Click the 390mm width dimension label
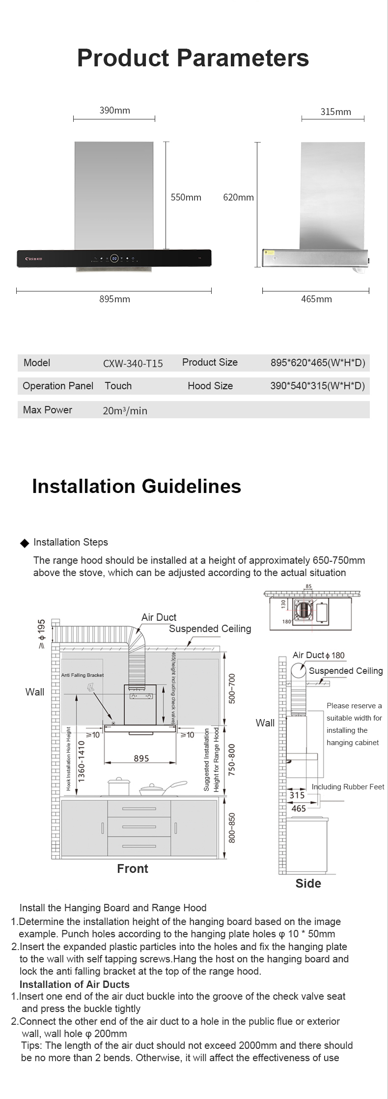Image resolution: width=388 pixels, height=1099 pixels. click(114, 111)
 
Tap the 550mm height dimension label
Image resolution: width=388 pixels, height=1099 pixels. click(186, 197)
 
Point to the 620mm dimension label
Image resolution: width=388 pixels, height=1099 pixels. click(238, 197)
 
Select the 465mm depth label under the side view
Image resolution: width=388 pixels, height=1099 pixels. click(316, 299)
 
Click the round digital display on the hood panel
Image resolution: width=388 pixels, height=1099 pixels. click(114, 258)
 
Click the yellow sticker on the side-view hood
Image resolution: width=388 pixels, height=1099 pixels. click(269, 252)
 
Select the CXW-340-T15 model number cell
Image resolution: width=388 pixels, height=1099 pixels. click(133, 364)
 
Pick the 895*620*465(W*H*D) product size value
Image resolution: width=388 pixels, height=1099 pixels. click(318, 363)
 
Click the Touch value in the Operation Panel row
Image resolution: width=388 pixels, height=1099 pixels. click(118, 386)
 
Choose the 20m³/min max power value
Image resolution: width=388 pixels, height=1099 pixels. click(125, 410)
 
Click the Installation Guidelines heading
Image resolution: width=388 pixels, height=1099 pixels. click(137, 486)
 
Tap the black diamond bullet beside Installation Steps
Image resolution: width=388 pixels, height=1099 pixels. click(25, 543)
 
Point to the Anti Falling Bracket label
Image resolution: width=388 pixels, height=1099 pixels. click(83, 675)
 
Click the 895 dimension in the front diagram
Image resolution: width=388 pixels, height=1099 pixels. click(141, 758)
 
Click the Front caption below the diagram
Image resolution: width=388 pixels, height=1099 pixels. click(133, 868)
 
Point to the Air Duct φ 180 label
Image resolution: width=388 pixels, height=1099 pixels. click(318, 655)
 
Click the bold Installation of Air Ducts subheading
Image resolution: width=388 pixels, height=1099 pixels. click(75, 984)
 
